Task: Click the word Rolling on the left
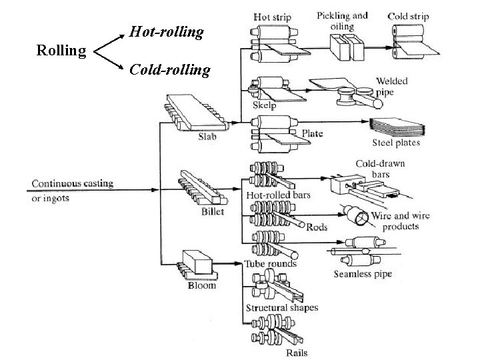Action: [61, 50]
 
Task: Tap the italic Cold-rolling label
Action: [170, 69]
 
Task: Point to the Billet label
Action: [212, 211]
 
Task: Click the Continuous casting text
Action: [72, 183]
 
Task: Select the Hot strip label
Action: [271, 17]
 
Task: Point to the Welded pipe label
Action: [410, 87]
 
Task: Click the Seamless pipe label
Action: [363, 274]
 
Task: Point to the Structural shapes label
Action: [282, 308]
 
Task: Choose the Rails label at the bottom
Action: [297, 353]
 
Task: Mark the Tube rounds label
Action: [271, 263]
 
